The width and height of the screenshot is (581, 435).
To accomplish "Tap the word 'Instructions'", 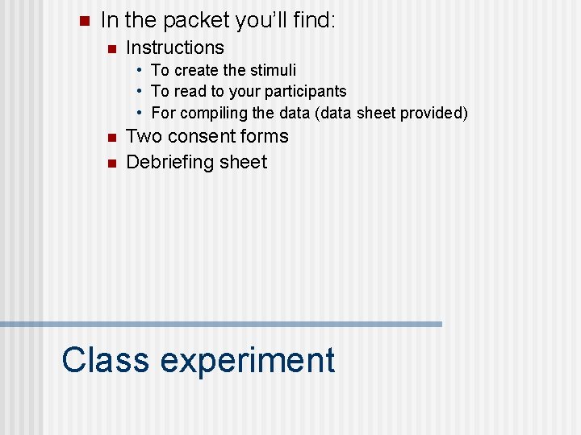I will point(175,48).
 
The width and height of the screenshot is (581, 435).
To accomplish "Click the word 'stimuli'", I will point(270,71).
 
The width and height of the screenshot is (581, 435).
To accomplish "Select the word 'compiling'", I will point(214,113).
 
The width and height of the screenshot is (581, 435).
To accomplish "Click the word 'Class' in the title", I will point(105,359).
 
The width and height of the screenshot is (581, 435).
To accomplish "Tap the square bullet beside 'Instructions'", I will point(111,49).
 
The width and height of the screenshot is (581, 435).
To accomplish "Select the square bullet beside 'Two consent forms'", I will point(111,138).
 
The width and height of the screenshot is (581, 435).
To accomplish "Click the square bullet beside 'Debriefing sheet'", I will point(111,163).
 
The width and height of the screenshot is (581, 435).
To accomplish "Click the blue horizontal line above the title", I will point(221,324).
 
